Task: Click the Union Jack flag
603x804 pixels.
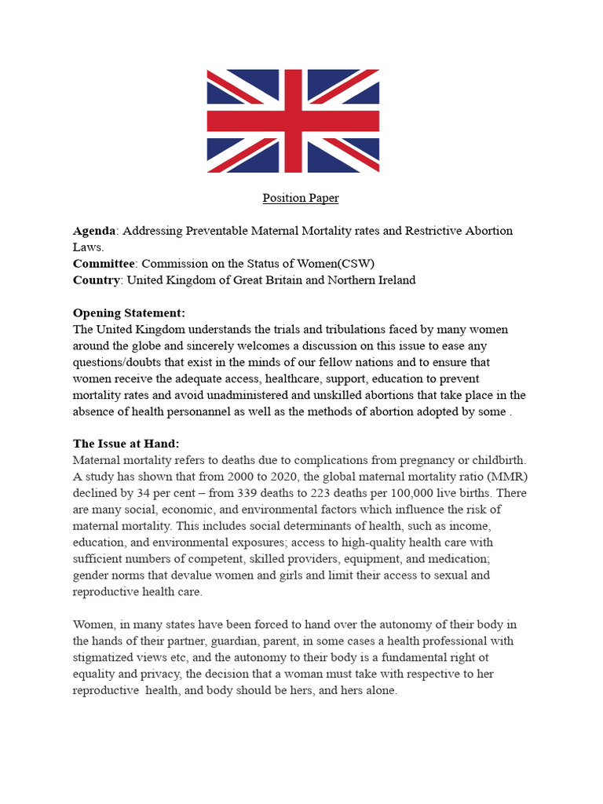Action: pos(293,121)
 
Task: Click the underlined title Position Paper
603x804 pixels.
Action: pos(301,198)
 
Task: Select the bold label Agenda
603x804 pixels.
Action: pos(93,231)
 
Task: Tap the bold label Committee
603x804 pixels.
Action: pos(104,264)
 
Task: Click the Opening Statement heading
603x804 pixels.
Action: pos(129,313)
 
